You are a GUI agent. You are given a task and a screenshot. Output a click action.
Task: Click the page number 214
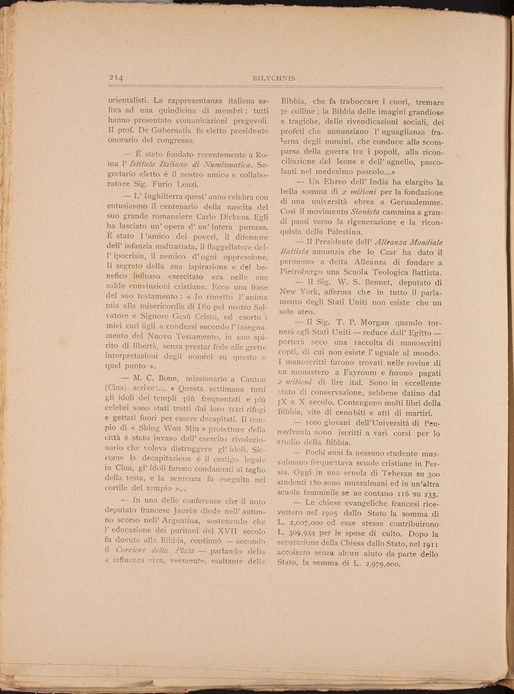pos(117,77)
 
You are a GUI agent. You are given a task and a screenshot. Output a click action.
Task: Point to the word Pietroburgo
pos(306,273)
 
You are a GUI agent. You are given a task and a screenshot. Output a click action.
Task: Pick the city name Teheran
pos(401,472)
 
